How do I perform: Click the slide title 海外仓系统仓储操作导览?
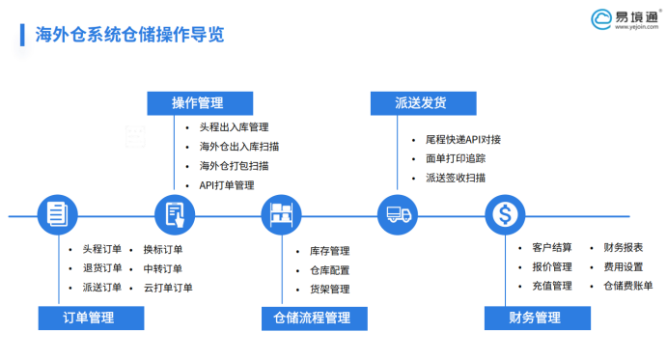tap(128, 36)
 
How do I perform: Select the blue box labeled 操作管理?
tap(198, 102)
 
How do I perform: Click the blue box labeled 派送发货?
tap(421, 102)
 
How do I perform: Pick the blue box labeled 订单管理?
tap(89, 318)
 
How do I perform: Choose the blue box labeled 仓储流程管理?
tap(312, 318)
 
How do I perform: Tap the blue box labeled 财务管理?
tap(535, 318)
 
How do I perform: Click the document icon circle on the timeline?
tap(57, 213)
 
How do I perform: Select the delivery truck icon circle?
tap(396, 213)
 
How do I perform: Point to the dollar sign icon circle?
tap(506, 213)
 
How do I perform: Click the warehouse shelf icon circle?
tap(283, 213)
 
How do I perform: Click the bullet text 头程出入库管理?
tap(234, 127)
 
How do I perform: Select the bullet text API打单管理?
tap(226, 184)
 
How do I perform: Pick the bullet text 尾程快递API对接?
tap(462, 139)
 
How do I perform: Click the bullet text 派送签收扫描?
tap(455, 178)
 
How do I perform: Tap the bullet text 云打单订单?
tap(168, 288)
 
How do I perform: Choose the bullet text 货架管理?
tap(329, 289)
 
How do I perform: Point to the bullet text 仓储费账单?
tap(627, 286)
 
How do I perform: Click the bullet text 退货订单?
tap(101, 268)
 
